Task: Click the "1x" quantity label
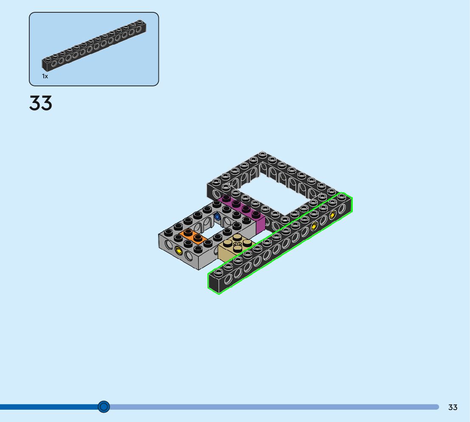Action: point(45,76)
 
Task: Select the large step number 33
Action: point(40,103)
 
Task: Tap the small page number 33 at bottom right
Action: point(453,407)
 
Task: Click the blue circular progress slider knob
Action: point(104,407)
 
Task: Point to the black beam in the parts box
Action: point(94,46)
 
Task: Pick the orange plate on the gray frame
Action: point(193,236)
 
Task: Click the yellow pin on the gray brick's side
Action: point(178,250)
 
